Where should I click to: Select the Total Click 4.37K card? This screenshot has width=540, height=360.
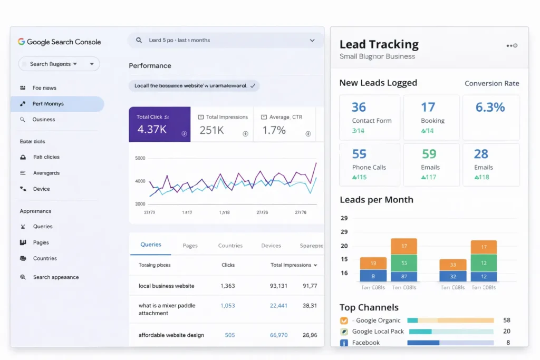click(159, 124)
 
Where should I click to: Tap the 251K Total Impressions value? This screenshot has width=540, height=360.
click(211, 130)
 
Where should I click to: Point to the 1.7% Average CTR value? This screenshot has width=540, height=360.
click(274, 130)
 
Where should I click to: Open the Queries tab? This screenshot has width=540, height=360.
click(151, 245)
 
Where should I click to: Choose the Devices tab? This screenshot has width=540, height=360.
click(271, 246)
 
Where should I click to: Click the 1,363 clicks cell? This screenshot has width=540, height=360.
click(228, 286)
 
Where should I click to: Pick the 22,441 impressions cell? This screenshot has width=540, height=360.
click(278, 306)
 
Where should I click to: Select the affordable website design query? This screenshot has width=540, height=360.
click(171, 335)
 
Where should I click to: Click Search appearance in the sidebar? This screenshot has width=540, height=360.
click(55, 277)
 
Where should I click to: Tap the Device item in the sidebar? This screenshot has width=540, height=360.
click(41, 189)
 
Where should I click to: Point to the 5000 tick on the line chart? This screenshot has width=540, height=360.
click(140, 158)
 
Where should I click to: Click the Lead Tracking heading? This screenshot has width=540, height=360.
click(379, 44)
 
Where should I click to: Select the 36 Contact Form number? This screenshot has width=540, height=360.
click(359, 108)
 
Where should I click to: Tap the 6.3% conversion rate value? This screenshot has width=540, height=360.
click(490, 108)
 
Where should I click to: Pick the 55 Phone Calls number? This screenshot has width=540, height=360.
click(359, 154)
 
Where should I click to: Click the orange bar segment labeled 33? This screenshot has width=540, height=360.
click(453, 265)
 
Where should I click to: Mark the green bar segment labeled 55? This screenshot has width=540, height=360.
click(404, 262)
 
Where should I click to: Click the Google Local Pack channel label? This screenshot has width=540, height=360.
click(378, 332)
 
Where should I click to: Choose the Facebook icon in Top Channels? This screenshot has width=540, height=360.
click(344, 343)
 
